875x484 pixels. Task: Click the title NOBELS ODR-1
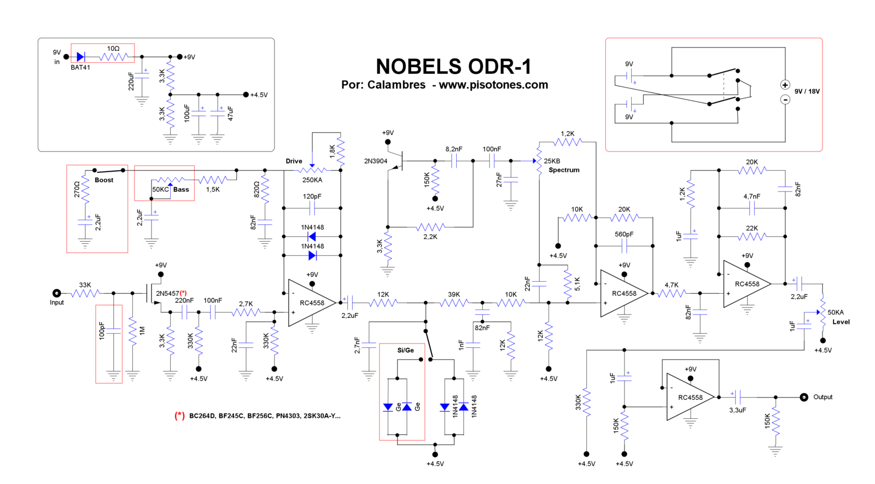tap(453, 67)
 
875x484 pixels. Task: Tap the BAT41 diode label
tap(80, 67)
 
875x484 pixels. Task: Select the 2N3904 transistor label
tap(376, 161)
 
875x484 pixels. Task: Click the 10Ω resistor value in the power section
tap(113, 49)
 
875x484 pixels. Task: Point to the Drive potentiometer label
tap(294, 161)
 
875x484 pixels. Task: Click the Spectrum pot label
tap(564, 170)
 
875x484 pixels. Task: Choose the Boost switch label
tap(104, 180)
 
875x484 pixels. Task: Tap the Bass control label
tap(181, 190)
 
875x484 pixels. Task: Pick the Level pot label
tap(841, 322)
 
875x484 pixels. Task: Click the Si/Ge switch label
tap(405, 350)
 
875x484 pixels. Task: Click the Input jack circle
tap(56, 293)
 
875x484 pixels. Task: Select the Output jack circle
tap(803, 397)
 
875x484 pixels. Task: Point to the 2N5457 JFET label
tap(167, 294)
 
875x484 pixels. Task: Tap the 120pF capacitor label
tap(312, 196)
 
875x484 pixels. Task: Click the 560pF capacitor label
tap(624, 234)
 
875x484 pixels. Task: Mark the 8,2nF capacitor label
tap(454, 149)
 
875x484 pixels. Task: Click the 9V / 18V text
tap(807, 91)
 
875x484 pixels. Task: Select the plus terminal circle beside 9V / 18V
tap(785, 85)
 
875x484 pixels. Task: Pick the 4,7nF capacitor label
tap(751, 196)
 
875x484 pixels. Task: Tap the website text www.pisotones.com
tap(493, 85)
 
